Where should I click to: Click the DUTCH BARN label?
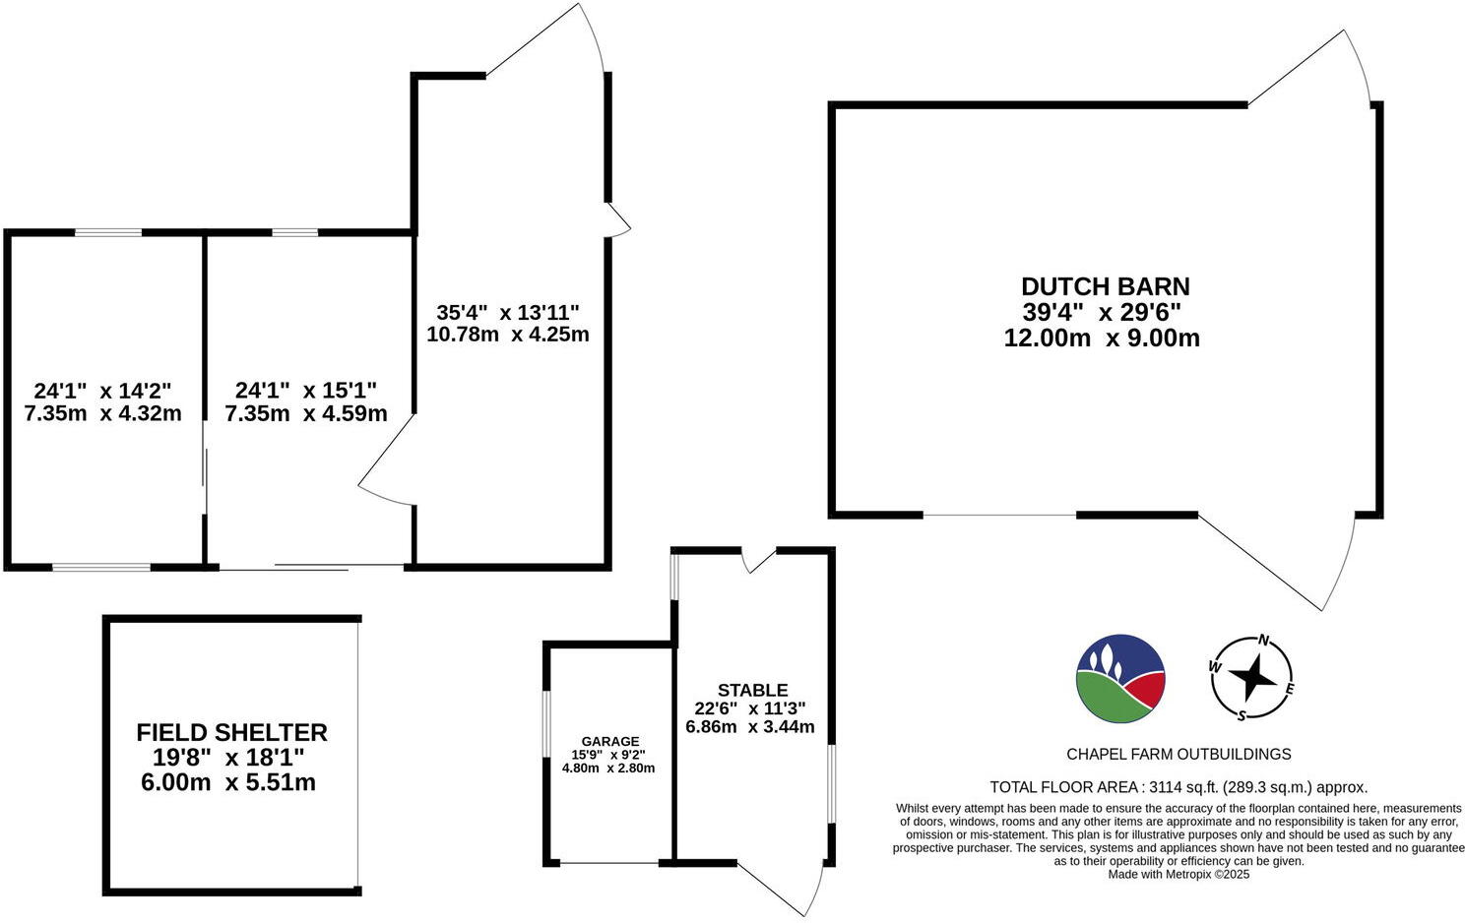1105,286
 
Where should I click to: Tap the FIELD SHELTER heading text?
231,732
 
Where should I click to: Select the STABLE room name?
752,690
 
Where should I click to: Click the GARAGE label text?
609,741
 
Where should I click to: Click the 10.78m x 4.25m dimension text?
508,334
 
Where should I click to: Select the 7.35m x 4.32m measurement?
102,413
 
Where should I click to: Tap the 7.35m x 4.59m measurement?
305,413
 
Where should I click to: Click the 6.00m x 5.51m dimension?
228,783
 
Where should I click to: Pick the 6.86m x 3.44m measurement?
750,727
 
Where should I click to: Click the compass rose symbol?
1251,677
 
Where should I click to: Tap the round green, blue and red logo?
1120,677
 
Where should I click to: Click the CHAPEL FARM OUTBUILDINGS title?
1178,754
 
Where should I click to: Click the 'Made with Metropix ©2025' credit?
1178,874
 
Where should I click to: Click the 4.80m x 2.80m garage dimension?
608,769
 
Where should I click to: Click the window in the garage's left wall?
546,726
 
